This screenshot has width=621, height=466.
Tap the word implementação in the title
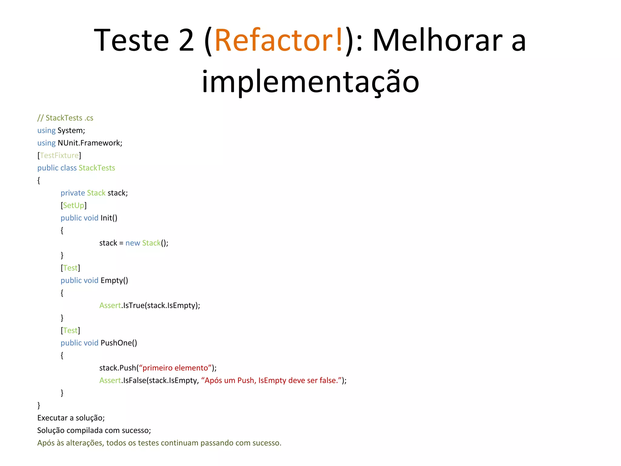[310, 81]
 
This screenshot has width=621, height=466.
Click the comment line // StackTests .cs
[65, 118]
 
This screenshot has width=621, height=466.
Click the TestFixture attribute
[59, 155]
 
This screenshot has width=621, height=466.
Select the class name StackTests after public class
[97, 168]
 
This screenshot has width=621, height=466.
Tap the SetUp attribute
[73, 205]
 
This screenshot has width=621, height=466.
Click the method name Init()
[109, 218]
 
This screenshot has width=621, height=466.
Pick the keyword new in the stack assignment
[133, 243]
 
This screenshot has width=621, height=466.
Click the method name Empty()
[114, 280]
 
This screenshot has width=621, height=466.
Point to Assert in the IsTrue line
[110, 305]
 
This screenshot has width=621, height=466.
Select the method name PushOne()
[119, 343]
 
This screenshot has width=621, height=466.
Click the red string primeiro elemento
[175, 368]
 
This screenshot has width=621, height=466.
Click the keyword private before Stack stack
[72, 193]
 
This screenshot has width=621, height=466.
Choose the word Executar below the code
[52, 418]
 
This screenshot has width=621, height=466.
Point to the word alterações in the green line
[85, 443]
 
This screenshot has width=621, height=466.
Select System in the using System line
[71, 130]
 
